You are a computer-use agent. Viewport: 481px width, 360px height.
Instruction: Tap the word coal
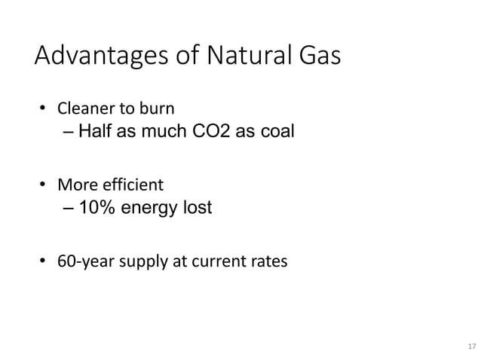point(276,133)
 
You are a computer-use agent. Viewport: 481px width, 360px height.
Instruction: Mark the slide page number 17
point(472,346)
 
